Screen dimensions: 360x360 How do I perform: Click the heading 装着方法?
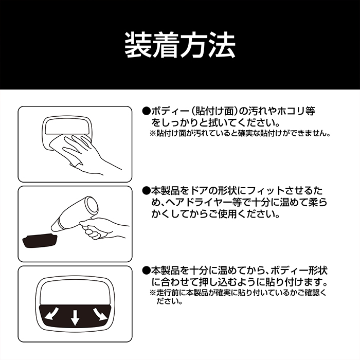pyautogui.click(x=180, y=45)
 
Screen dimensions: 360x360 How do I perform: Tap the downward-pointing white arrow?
pyautogui.click(x=75, y=317)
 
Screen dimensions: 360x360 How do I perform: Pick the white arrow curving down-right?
pyautogui.click(x=100, y=314)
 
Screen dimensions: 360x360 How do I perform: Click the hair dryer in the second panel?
pyautogui.click(x=75, y=213)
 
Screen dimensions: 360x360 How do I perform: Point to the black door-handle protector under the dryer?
pyautogui.click(x=40, y=240)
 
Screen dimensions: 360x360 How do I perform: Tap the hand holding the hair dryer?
pyautogui.click(x=103, y=228)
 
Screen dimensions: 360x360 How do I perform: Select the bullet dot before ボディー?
pyautogui.click(x=146, y=112)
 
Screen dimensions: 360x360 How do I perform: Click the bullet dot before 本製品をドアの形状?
pyautogui.click(x=146, y=191)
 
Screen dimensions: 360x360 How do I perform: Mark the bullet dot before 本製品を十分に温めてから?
pyautogui.click(x=146, y=271)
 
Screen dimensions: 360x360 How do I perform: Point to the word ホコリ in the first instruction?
pyautogui.click(x=291, y=112)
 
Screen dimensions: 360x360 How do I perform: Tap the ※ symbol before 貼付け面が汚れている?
pyautogui.click(x=153, y=133)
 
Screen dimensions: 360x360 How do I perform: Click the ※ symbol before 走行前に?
pyautogui.click(x=153, y=293)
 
